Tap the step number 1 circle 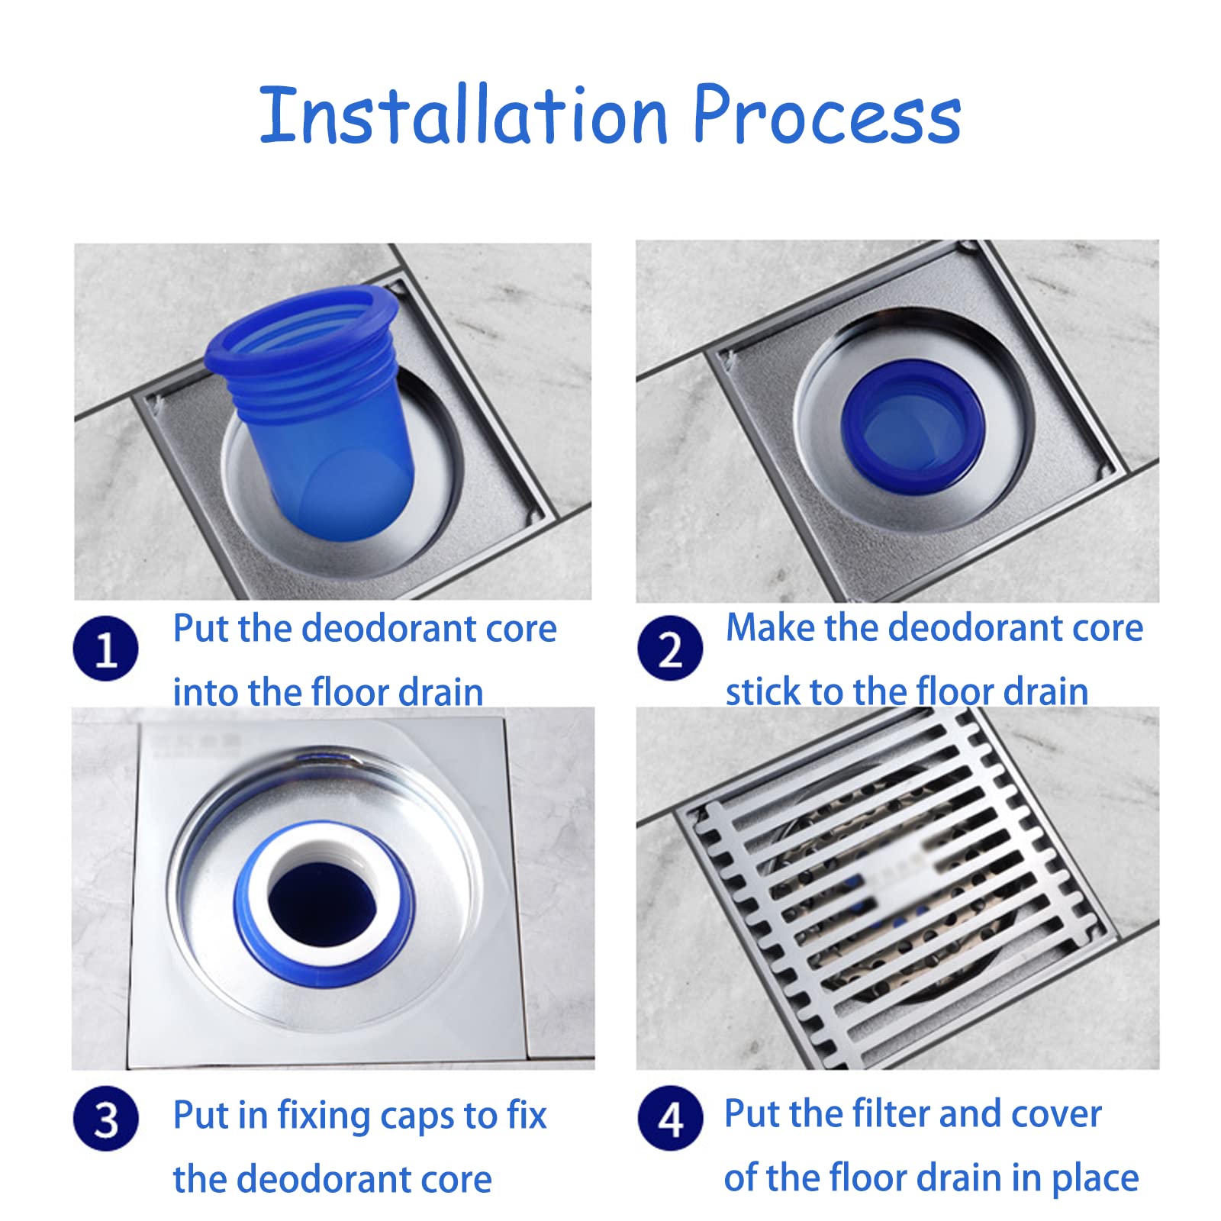click(105, 649)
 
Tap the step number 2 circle click(670, 648)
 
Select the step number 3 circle click(105, 1119)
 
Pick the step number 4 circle click(670, 1119)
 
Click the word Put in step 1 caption click(201, 629)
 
